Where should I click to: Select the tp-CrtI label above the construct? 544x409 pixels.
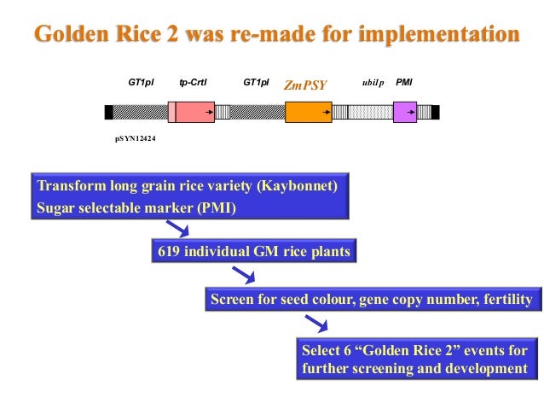[194, 83]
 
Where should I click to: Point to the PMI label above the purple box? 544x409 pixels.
[404, 83]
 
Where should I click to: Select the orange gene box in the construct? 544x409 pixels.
[308, 112]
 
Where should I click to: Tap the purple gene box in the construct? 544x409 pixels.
[405, 112]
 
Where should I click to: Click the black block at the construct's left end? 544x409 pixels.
[108, 112]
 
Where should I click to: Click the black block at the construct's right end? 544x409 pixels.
[435, 112]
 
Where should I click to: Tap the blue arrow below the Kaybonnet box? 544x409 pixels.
[177, 228]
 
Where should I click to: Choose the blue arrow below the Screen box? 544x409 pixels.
[316, 323]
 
